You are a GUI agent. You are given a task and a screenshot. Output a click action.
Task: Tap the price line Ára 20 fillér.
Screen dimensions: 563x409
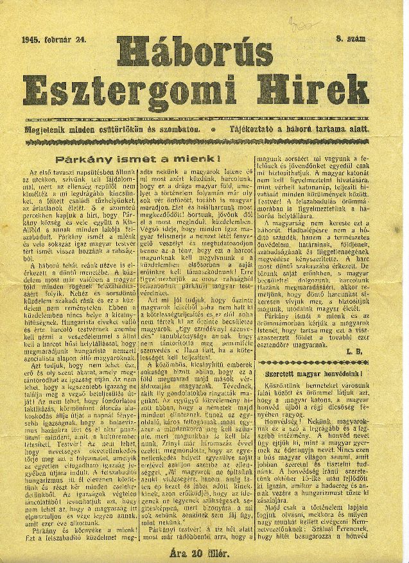[x=204, y=551]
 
